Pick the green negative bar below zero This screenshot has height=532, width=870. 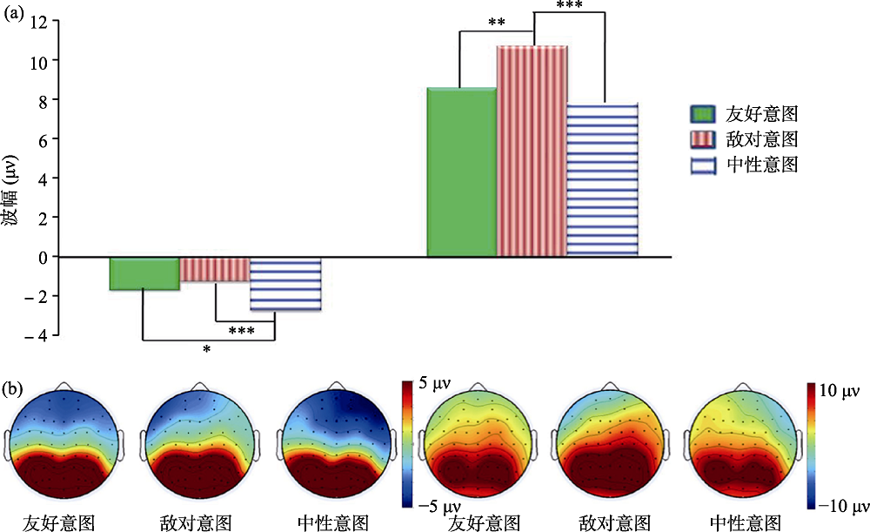click(144, 273)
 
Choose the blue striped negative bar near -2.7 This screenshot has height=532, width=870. click(285, 284)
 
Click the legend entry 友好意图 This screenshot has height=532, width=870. click(744, 115)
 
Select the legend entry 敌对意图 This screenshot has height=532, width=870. click(744, 139)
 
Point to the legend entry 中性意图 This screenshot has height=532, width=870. click(744, 164)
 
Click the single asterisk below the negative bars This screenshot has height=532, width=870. click(207, 350)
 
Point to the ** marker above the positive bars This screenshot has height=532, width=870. click(497, 22)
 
